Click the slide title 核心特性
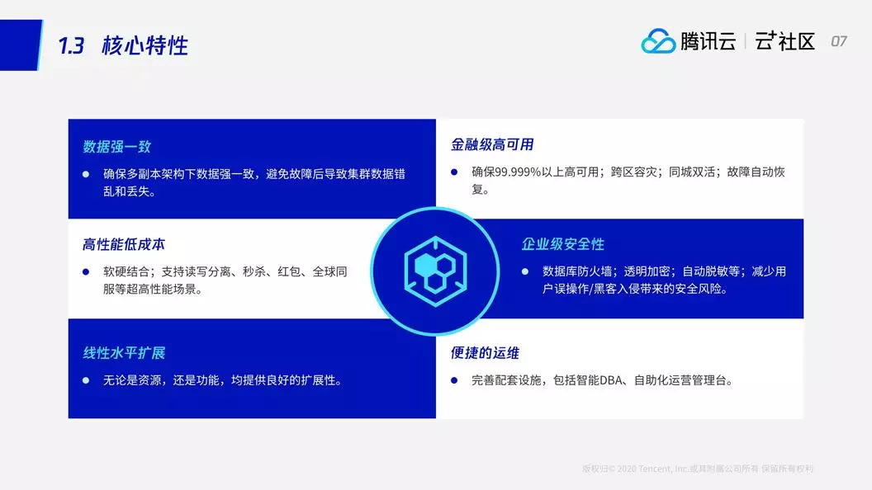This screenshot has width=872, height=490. [145, 45]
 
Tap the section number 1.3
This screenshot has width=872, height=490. [71, 45]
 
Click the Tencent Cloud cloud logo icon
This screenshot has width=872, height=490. [658, 41]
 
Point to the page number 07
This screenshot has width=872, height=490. [839, 42]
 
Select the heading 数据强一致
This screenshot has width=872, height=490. [116, 147]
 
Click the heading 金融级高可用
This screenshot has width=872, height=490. [492, 145]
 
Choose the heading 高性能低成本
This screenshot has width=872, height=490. [124, 244]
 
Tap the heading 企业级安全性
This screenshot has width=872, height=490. [563, 244]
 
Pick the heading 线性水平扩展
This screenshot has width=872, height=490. [124, 353]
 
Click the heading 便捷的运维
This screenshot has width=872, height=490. [485, 353]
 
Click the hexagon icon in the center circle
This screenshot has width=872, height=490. [435, 271]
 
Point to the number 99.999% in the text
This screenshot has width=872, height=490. [518, 172]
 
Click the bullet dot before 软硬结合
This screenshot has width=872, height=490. [86, 271]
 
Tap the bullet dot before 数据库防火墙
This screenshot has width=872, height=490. [525, 271]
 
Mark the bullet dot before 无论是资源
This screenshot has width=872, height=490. [86, 380]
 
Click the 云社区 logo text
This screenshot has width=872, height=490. [784, 42]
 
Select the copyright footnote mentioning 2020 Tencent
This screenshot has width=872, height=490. [698, 469]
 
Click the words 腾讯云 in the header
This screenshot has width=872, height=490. [708, 42]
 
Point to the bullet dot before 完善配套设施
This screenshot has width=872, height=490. [454, 380]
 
